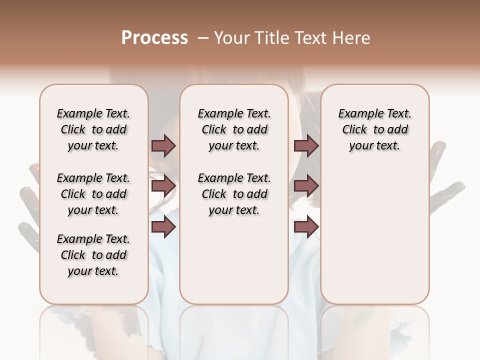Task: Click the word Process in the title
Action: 154,37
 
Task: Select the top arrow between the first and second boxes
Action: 163,146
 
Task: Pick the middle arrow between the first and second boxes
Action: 163,186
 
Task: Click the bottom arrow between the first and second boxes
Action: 163,227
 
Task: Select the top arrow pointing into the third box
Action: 306,146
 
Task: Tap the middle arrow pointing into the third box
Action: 306,186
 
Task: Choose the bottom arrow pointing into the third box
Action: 306,227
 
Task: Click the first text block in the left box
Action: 93,129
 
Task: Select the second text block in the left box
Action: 93,194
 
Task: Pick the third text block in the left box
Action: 93,255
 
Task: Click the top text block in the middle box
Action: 234,129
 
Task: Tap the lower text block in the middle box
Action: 234,194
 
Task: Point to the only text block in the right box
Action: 374,129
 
